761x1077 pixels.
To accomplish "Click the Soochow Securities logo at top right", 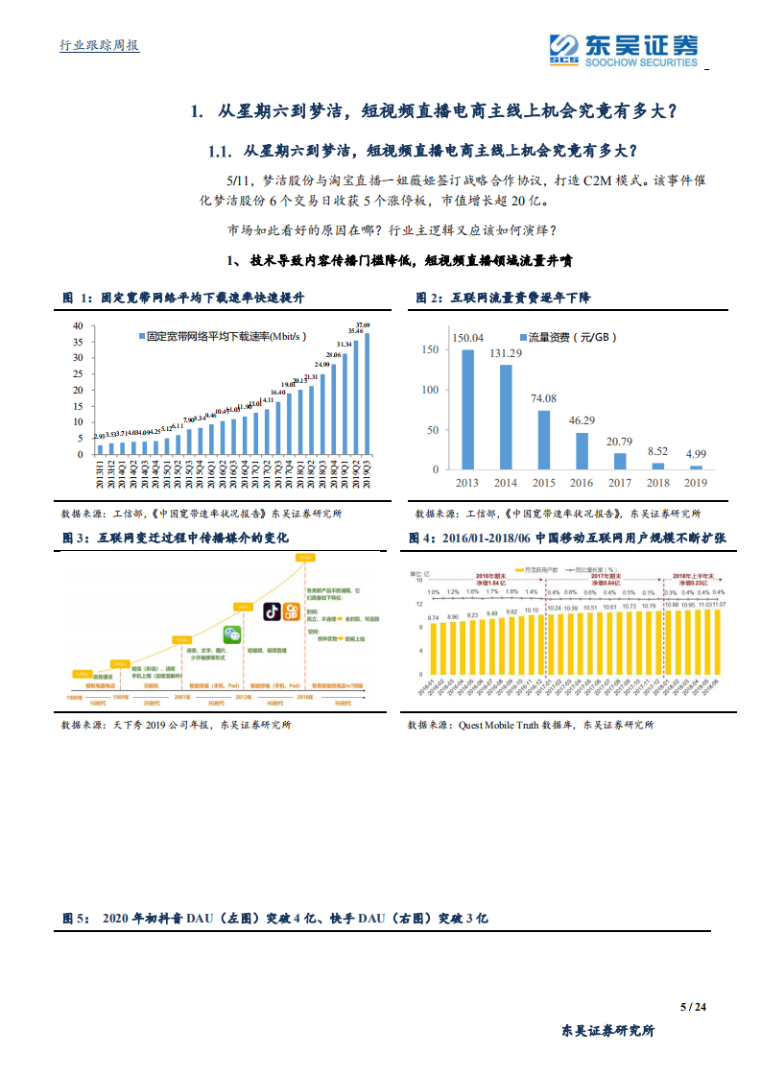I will coord(624,50).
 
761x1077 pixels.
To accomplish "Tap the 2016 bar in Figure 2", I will coord(583,450).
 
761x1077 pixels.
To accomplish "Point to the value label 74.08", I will coord(544,398).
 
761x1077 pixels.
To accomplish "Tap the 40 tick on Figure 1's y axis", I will coord(77,326).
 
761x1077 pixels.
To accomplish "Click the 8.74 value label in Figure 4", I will coord(433,617).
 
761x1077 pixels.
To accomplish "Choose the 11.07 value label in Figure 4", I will coord(717,605).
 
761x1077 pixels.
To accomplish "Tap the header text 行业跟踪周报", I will coord(100,45).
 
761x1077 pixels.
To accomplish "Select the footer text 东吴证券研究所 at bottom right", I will coord(608,1031).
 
